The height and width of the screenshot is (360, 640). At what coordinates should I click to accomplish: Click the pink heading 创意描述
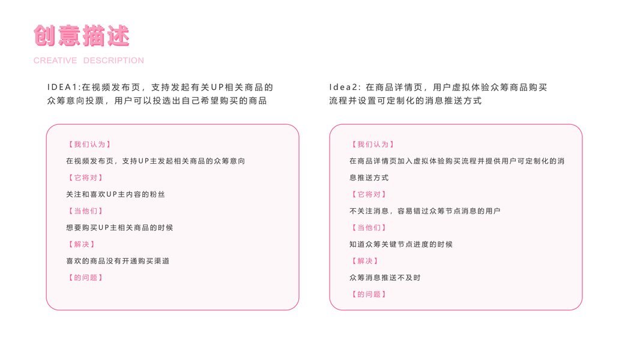[82, 35]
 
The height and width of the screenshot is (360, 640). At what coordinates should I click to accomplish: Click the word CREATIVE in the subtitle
[55, 61]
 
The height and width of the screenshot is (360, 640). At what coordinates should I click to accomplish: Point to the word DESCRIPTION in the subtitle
[113, 61]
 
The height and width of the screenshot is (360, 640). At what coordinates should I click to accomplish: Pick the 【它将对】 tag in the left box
[85, 178]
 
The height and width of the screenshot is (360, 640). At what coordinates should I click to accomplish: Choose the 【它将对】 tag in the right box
[369, 194]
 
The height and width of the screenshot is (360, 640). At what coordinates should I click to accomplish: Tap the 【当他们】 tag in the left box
[85, 211]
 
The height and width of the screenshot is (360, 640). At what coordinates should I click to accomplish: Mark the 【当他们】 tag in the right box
[369, 228]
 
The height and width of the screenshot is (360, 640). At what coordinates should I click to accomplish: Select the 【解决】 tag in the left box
[81, 244]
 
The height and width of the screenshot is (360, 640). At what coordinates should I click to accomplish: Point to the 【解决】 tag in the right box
[364, 261]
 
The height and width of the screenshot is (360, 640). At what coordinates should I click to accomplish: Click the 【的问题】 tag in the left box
[85, 278]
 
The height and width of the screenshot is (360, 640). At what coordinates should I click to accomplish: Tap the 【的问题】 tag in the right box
[369, 295]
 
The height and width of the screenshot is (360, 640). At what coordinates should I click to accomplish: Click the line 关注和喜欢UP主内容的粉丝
[115, 194]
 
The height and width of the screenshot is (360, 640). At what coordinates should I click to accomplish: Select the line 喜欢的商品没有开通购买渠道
[118, 261]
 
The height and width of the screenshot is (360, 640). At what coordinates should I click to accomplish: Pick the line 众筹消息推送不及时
[385, 278]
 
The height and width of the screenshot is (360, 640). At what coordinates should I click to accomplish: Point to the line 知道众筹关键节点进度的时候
[401, 244]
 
